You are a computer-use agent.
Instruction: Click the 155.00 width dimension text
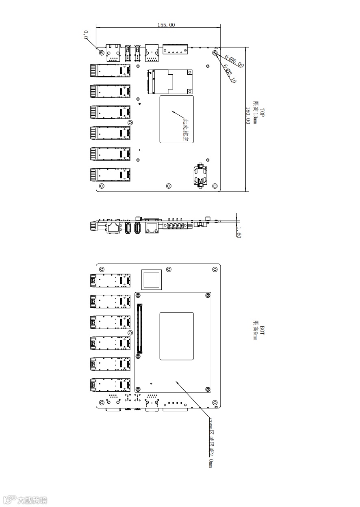pyautogui.click(x=166, y=25)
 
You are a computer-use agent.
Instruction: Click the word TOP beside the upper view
pyautogui.click(x=262, y=112)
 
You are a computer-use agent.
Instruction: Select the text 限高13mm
pyautogui.click(x=256, y=113)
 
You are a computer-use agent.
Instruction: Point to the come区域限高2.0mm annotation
pyautogui.click(x=210, y=442)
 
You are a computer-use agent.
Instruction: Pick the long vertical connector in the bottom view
pyautogui.click(x=141, y=328)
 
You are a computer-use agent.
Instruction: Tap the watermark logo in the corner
pyautogui.click(x=25, y=500)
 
